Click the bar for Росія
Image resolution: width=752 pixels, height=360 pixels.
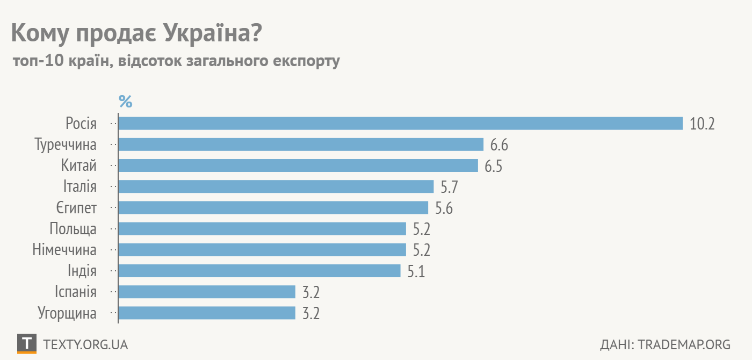[x=400, y=124]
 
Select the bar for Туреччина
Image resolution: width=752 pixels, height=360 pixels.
[x=301, y=145]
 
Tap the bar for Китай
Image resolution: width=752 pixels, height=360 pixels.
[x=298, y=165]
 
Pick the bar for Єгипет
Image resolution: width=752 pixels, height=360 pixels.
[x=273, y=207]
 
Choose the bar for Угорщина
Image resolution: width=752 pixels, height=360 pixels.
[x=207, y=313]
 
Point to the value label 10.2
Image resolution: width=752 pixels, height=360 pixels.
[x=703, y=124]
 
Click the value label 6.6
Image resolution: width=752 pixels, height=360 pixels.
[x=499, y=145]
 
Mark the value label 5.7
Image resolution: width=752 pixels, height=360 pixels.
[x=450, y=187]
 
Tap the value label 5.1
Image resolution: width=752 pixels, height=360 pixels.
[x=416, y=271]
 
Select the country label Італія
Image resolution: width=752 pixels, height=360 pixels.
[x=80, y=186]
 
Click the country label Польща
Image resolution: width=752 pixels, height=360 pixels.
[x=73, y=229]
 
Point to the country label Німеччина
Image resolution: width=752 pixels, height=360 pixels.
[x=64, y=250]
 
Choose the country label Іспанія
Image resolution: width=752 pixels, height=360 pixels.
[x=76, y=292]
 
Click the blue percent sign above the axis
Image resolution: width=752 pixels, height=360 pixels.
[x=125, y=101]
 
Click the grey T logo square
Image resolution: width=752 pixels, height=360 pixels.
[x=27, y=344]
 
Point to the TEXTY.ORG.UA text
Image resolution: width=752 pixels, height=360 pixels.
[x=85, y=344]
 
